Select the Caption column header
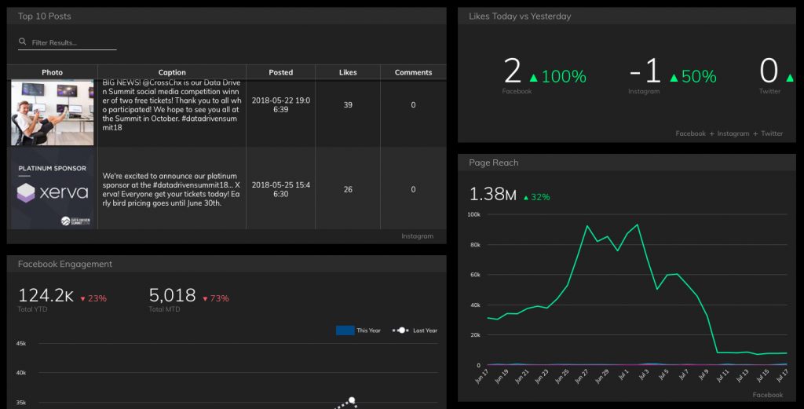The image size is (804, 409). click(x=172, y=72)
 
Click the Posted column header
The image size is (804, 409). click(x=280, y=72)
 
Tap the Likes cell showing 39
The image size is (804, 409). click(x=348, y=105)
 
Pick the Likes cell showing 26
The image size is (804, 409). click(x=348, y=189)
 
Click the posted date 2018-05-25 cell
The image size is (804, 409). click(x=280, y=189)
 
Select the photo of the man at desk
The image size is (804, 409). click(x=53, y=112)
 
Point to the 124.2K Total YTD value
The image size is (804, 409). click(x=46, y=296)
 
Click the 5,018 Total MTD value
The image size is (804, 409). click(x=172, y=296)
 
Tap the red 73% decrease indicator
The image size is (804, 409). click(x=216, y=298)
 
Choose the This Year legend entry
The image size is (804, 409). click(x=358, y=330)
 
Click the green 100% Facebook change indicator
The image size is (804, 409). click(x=558, y=77)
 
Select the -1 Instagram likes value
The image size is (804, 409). click(x=645, y=72)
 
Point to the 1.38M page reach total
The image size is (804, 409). click(x=492, y=195)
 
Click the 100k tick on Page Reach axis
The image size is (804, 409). click(x=473, y=214)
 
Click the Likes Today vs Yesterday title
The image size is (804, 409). click(x=520, y=16)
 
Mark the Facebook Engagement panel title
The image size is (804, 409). click(x=65, y=264)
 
